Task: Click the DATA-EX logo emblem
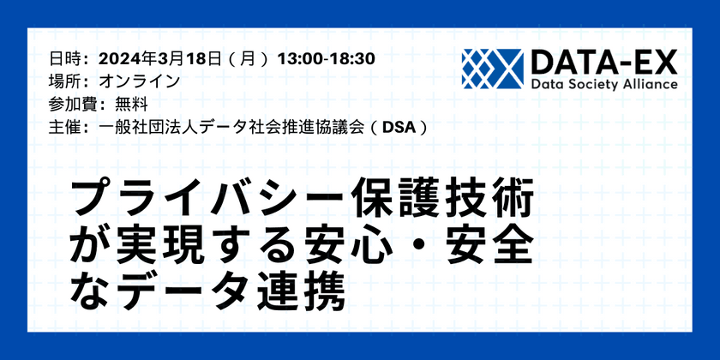(491, 68)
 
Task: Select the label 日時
(68, 59)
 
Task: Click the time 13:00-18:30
(327, 59)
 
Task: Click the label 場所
(68, 81)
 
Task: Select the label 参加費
(76, 104)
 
